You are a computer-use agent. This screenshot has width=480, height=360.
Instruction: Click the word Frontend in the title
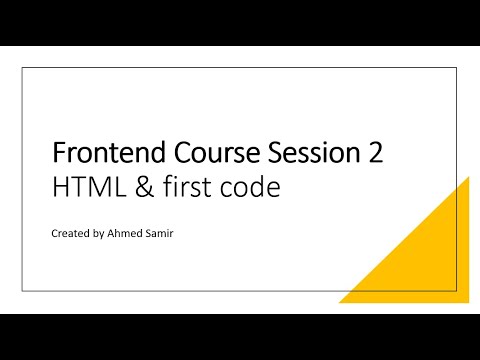(x=105, y=155)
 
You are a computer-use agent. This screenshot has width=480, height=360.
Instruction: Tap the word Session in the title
(x=304, y=155)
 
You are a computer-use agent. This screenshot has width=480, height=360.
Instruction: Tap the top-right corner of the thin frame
(x=457, y=67)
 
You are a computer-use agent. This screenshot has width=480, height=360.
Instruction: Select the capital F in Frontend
(x=57, y=155)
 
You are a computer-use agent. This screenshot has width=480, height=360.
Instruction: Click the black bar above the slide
(x=240, y=22)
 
